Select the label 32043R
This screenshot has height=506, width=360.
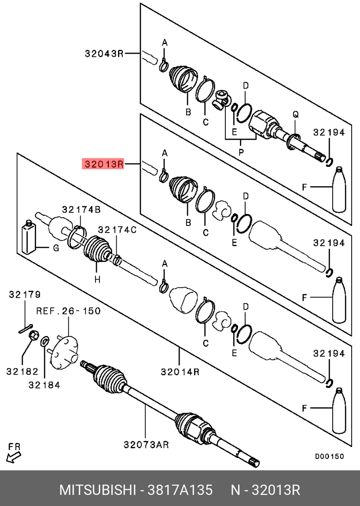tap(104, 54)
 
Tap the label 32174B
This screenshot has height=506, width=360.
tap(81, 210)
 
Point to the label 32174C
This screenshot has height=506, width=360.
tap(117, 230)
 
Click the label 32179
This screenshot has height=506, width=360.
tap(25, 294)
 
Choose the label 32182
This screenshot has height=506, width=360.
tap(22, 371)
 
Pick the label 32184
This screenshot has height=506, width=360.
tap(44, 385)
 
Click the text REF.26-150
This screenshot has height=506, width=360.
tap(68, 311)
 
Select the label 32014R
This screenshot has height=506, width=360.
tap(180, 372)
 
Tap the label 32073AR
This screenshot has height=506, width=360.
tap(146, 445)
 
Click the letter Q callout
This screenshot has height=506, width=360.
tap(295, 114)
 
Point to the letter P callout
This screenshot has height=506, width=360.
tap(241, 152)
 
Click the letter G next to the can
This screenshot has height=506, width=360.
tap(56, 248)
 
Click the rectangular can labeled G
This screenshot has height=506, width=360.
tap(29, 236)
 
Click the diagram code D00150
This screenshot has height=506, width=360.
tap(329, 457)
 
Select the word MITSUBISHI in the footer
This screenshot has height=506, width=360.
tap(97, 490)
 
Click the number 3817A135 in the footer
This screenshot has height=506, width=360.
tap(180, 490)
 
